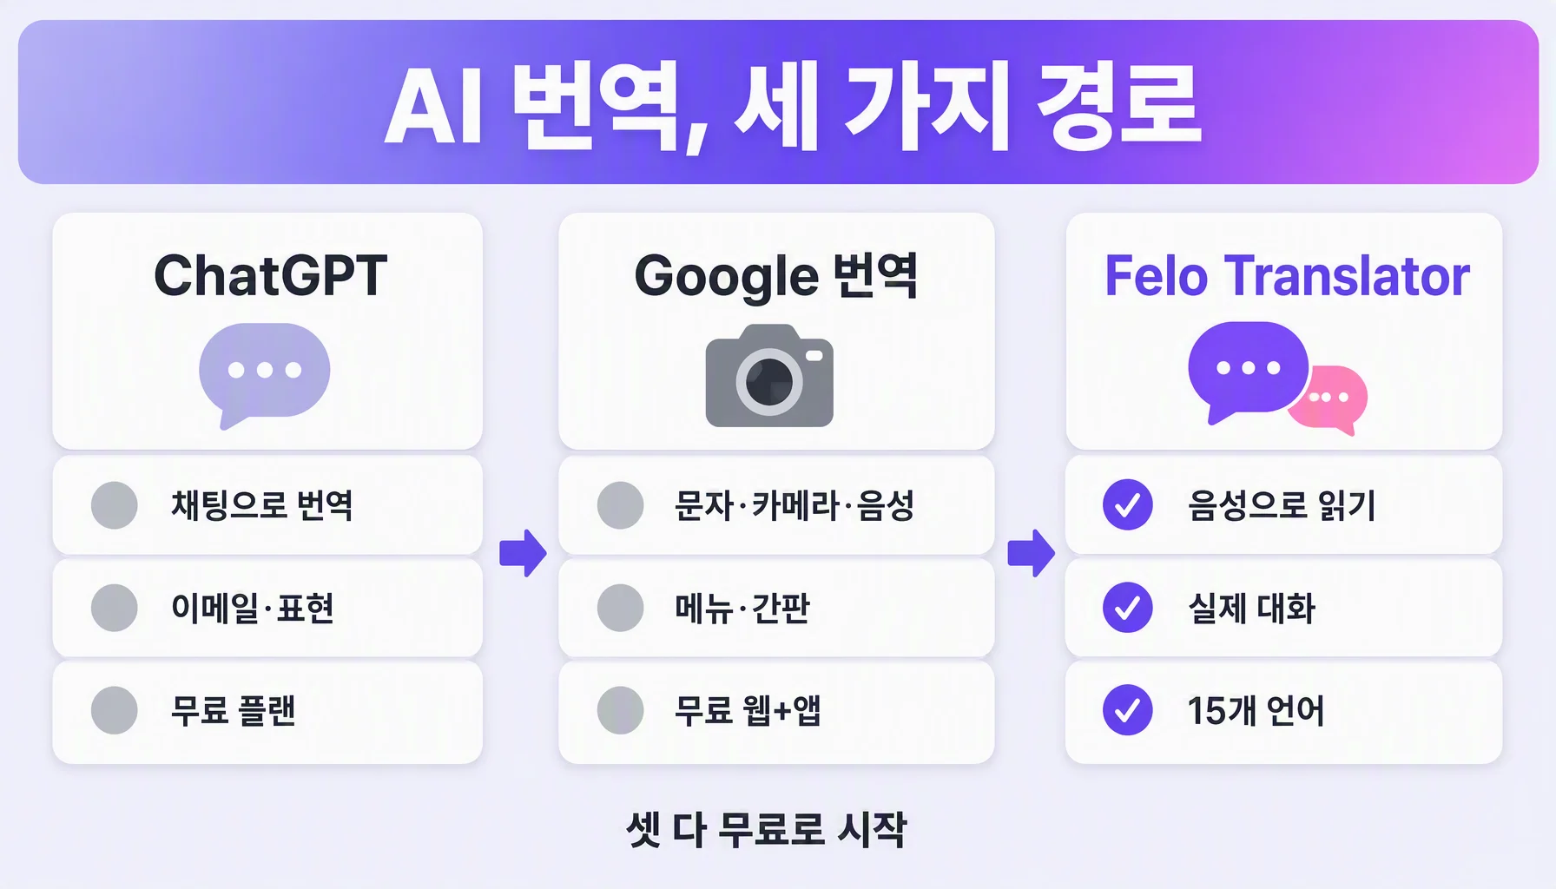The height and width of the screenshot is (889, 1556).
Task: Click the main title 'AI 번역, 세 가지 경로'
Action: (x=793, y=106)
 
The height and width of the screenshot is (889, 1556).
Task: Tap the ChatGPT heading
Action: (x=270, y=276)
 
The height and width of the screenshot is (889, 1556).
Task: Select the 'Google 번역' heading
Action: (x=776, y=277)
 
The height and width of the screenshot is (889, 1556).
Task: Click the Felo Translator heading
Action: (x=1287, y=276)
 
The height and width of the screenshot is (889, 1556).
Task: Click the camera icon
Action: (x=769, y=375)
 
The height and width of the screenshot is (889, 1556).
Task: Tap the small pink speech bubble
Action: (x=1330, y=399)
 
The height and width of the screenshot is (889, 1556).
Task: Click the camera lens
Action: (x=769, y=381)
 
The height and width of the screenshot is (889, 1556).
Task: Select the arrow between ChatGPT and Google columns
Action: (x=523, y=553)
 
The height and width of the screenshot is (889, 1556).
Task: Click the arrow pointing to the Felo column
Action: (x=1031, y=553)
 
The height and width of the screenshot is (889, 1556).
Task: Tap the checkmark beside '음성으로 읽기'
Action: (x=1127, y=504)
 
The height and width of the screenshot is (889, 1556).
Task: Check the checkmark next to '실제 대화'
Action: (x=1127, y=607)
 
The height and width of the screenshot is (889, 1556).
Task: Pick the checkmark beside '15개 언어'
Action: (x=1127, y=710)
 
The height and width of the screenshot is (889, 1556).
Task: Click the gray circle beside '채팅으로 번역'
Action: (x=115, y=505)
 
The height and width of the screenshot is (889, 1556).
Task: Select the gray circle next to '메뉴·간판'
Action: (x=621, y=608)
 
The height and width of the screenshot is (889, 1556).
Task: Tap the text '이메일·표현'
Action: (x=253, y=608)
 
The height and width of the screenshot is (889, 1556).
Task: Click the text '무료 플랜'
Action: (x=234, y=710)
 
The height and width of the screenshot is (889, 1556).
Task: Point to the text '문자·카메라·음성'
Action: (x=794, y=505)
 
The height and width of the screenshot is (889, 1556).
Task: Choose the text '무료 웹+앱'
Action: (x=748, y=710)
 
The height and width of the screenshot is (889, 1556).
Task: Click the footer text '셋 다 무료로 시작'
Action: (x=767, y=829)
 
